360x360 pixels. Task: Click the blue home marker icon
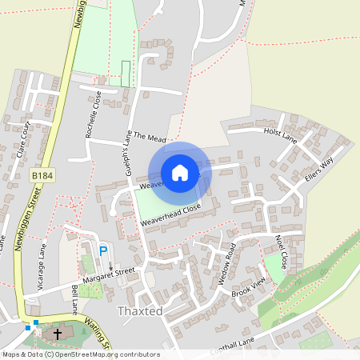click(x=180, y=172)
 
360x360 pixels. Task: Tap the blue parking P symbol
click(x=102, y=252)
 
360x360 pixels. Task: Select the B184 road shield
click(x=43, y=174)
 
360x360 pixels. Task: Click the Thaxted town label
click(x=140, y=310)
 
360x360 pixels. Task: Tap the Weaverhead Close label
click(x=170, y=213)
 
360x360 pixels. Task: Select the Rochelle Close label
click(x=93, y=114)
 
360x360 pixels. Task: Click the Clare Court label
click(x=23, y=140)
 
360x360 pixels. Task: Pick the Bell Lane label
click(x=74, y=298)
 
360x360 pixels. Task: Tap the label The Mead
click(x=149, y=138)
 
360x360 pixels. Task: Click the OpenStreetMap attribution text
click(x=80, y=354)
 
